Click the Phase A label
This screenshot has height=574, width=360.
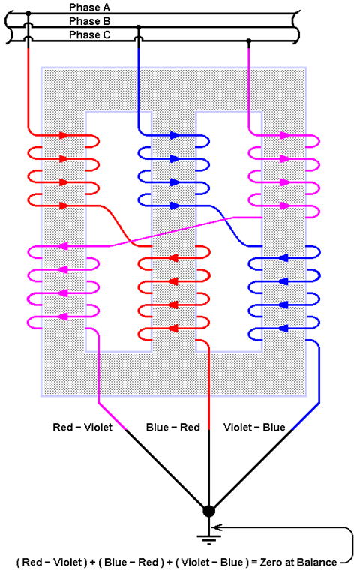pyautogui.click(x=90, y=8)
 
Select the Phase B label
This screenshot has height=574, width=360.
pyautogui.click(x=90, y=21)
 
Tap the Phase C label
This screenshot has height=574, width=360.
pyautogui.click(x=90, y=35)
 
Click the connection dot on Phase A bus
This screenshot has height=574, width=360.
pyautogui.click(x=28, y=14)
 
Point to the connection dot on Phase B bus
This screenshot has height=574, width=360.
pyautogui.click(x=138, y=27)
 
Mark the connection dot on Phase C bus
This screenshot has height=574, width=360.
pyautogui.click(x=249, y=41)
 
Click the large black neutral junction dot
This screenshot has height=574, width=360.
pyautogui.click(x=209, y=512)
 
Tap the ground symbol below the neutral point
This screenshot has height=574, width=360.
pyautogui.click(x=209, y=539)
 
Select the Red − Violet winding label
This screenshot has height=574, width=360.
pyautogui.click(x=82, y=427)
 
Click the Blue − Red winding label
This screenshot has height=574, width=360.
pyautogui.click(x=172, y=427)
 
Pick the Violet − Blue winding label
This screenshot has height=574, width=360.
pyautogui.click(x=254, y=427)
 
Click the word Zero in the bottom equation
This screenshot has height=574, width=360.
pyautogui.click(x=270, y=562)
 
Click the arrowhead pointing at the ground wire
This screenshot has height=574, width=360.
pyautogui.click(x=217, y=528)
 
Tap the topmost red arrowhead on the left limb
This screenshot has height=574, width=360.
pyautogui.click(x=64, y=136)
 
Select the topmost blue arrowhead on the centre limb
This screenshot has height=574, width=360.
pyautogui.click(x=174, y=136)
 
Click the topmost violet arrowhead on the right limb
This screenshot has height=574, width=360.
pyautogui.click(x=285, y=136)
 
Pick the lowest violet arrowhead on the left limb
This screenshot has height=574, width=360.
pyautogui.click(x=63, y=317)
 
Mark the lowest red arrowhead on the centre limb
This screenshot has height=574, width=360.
pyautogui.click(x=173, y=329)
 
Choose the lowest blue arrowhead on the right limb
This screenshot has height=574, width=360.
pyautogui.click(x=283, y=329)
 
